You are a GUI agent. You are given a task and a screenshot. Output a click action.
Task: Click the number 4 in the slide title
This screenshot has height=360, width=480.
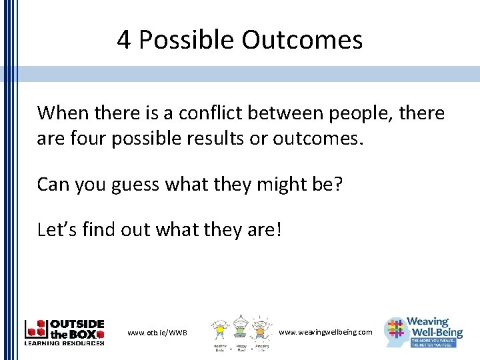coord(124,41)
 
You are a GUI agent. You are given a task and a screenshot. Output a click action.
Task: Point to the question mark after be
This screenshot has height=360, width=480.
coord(337,183)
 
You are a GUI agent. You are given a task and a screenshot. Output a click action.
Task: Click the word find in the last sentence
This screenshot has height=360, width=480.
coord(101,230)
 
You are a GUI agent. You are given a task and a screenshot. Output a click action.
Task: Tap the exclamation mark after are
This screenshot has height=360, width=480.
coord(278,230)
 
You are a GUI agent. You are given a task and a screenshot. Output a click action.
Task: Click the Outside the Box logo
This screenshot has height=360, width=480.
coord(64,332)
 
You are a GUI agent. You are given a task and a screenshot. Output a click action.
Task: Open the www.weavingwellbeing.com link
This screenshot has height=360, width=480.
coord(325,331)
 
